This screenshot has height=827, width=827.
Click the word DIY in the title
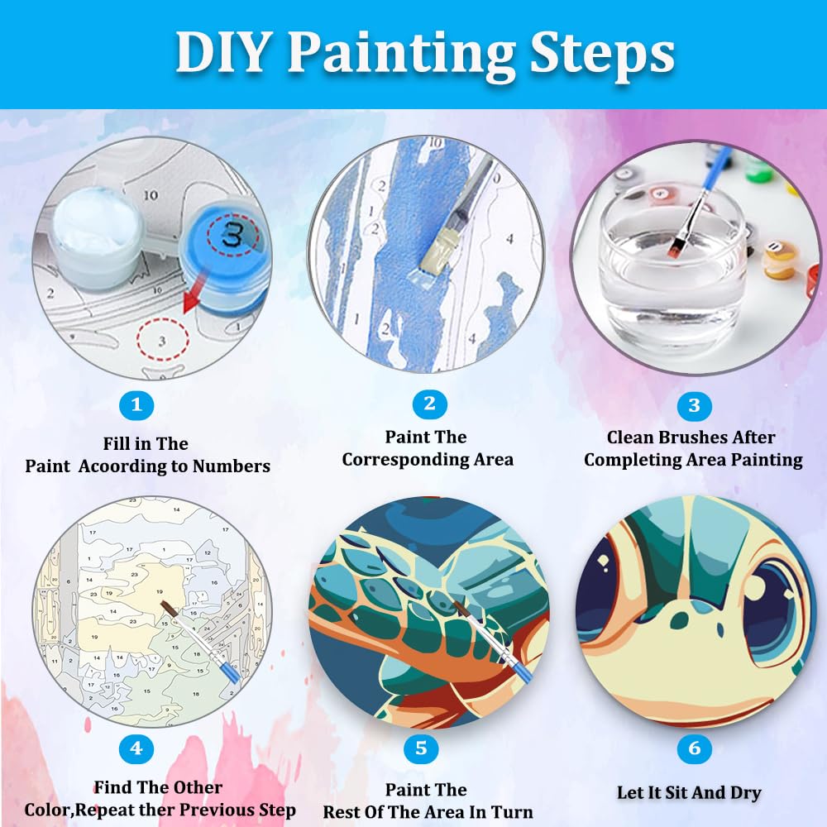[x=222, y=52]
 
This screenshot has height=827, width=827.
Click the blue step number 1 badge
[x=136, y=405]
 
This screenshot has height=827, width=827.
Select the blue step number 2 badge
[x=430, y=404]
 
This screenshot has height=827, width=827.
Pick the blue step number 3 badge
[x=694, y=405]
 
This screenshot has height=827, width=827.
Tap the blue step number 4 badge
[x=136, y=748]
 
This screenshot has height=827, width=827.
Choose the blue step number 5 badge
[x=422, y=748]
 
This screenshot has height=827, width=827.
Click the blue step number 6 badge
[x=694, y=748]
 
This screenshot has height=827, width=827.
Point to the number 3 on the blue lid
[x=232, y=234]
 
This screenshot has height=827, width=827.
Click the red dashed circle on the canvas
[x=162, y=339]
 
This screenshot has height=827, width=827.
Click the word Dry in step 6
[x=745, y=793]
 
